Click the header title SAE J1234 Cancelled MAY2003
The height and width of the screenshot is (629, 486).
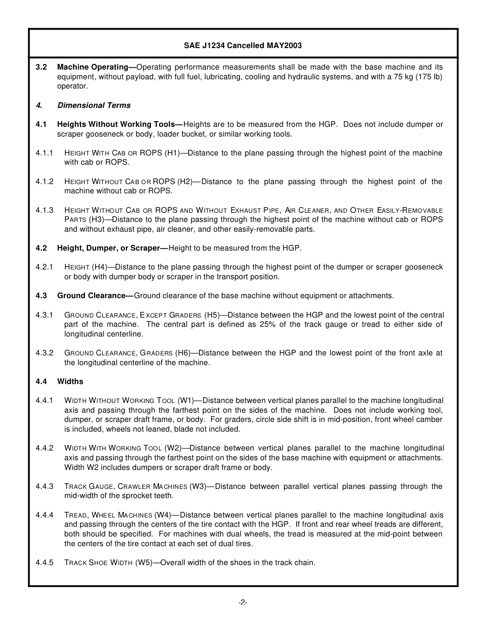point(242,46)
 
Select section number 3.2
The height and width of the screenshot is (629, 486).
point(41,67)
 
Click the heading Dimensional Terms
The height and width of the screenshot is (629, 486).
point(94,105)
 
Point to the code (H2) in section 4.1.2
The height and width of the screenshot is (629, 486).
point(185,182)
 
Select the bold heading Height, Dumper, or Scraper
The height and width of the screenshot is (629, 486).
point(112,248)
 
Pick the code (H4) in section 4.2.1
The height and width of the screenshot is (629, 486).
point(99,267)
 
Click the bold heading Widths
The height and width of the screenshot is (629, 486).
point(70,381)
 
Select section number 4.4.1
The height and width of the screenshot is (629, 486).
point(45,400)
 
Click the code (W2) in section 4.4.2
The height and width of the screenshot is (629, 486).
point(172,448)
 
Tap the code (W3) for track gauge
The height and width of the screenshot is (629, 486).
point(198,486)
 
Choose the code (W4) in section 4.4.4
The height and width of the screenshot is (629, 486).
point(163,515)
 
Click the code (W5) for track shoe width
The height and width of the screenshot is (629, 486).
point(144,563)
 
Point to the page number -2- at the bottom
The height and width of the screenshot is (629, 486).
point(242,602)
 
